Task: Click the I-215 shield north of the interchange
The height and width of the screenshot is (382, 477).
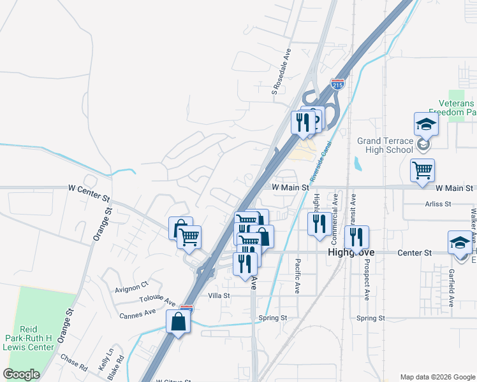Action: (x=337, y=84)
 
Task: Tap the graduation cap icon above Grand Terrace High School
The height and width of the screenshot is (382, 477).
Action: (x=426, y=124)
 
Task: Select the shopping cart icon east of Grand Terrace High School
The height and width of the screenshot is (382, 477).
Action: (x=422, y=171)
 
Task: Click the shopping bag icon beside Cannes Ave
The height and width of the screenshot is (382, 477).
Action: (x=178, y=322)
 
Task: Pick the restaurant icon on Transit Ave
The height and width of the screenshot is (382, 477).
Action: (x=356, y=237)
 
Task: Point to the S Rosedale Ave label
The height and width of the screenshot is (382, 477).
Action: (x=281, y=72)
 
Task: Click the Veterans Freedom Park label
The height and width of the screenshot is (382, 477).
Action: (x=457, y=108)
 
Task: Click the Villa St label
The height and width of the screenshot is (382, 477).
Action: (x=219, y=296)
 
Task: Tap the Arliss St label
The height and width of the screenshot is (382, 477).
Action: (x=438, y=204)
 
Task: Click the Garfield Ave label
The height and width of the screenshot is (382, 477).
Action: (x=451, y=288)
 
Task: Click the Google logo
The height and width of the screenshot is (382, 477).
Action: (x=22, y=374)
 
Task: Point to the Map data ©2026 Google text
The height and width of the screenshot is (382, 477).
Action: (x=437, y=377)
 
